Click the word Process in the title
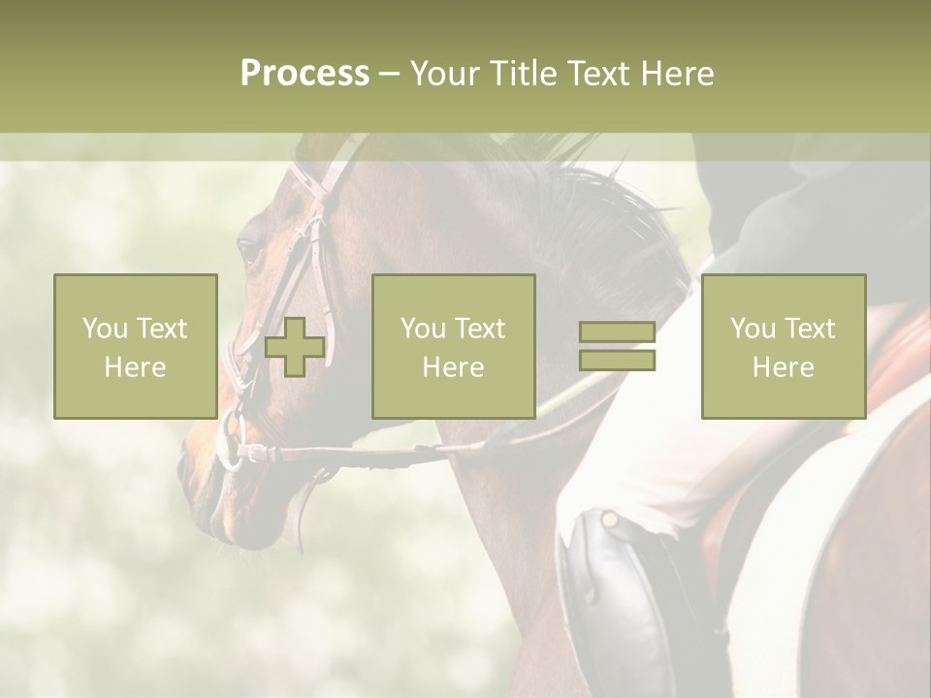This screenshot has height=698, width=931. coord(305,74)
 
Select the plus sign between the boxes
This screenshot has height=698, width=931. coord(295,347)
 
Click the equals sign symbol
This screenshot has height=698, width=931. coord(617,346)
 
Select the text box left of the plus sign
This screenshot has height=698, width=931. coord(136,347)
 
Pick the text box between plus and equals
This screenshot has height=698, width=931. coord(454,347)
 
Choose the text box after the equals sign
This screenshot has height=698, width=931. coord(784,347)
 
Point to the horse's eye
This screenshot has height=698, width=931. coord(248,252)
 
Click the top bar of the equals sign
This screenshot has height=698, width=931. coord(617,333)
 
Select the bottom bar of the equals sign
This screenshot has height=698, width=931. coord(617,360)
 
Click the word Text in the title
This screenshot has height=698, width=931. coord(596,74)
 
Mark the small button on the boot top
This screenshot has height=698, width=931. coord(610,521)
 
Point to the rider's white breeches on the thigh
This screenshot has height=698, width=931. coord(659,436)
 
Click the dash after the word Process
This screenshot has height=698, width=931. coord(390,74)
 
